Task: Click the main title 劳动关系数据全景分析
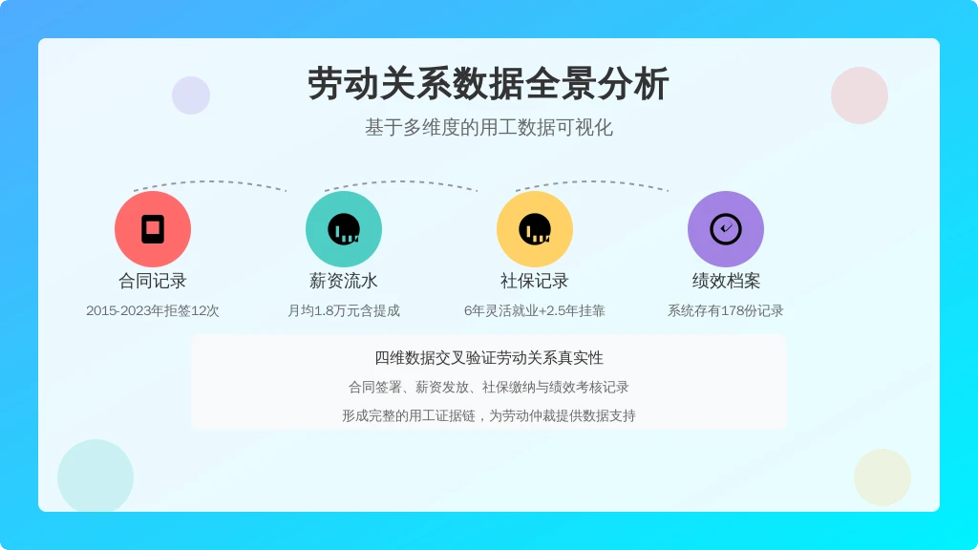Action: pyautogui.click(x=488, y=84)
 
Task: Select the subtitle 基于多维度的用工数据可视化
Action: pyautogui.click(x=489, y=127)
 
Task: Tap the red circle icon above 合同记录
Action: pyautogui.click(x=153, y=229)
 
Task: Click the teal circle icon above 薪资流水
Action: pyautogui.click(x=344, y=229)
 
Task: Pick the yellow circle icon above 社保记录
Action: pyautogui.click(x=535, y=229)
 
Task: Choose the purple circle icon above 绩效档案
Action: pyautogui.click(x=726, y=229)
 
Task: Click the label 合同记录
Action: pyautogui.click(x=153, y=281)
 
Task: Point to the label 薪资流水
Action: pyautogui.click(x=344, y=281)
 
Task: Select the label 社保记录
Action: pyautogui.click(x=535, y=281)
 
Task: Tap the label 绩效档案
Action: pyautogui.click(x=726, y=281)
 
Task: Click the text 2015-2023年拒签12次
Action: pyautogui.click(x=153, y=310)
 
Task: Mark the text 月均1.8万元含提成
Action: pyautogui.click(x=344, y=310)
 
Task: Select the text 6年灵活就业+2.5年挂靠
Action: pyautogui.click(x=535, y=310)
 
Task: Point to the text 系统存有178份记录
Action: pyautogui.click(x=726, y=310)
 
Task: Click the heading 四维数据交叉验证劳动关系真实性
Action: pyautogui.click(x=489, y=357)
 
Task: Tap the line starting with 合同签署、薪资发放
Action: pyautogui.click(x=488, y=388)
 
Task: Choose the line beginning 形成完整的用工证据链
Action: pyautogui.click(x=489, y=416)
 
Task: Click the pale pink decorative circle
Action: pyautogui.click(x=860, y=95)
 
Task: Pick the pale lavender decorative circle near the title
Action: pyautogui.click(x=191, y=95)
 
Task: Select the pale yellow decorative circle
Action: pyautogui.click(x=882, y=477)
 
